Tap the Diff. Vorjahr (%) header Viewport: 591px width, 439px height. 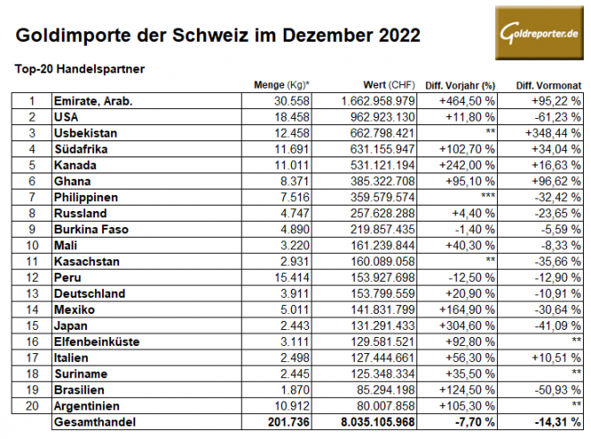459,85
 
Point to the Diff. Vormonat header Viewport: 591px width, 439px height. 545,85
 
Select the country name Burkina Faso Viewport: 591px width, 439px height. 93,230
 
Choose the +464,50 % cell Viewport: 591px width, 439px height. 467,101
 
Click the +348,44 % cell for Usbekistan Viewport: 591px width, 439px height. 548,133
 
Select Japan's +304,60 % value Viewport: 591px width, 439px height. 467,326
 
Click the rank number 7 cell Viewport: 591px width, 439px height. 32,198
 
